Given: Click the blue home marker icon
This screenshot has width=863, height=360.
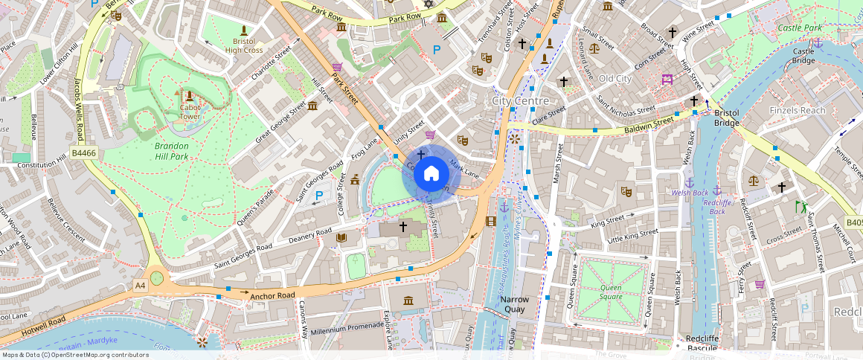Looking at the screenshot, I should coord(431,174).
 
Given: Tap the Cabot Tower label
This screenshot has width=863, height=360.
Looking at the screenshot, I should coord(190,112).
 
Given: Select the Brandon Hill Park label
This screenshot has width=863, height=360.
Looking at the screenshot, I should coord(172,151).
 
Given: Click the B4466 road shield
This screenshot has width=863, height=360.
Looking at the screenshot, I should coord(83,153).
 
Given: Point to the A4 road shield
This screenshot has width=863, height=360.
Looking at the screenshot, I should coord(140,286).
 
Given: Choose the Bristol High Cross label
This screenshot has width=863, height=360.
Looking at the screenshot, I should coord(244,45).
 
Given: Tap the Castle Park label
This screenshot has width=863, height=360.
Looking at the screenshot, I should coord(800,28).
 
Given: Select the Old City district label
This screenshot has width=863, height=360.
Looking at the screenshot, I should coord(615,79).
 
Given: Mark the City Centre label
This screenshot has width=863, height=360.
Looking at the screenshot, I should coord(521,100).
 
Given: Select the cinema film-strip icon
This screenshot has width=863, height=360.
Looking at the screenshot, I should coord(491,221).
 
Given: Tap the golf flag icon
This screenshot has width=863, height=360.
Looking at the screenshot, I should coord(801,207).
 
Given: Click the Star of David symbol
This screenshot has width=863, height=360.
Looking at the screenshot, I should coord(428,4).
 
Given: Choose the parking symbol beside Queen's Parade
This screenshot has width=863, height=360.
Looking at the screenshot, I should coord(319,196).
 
